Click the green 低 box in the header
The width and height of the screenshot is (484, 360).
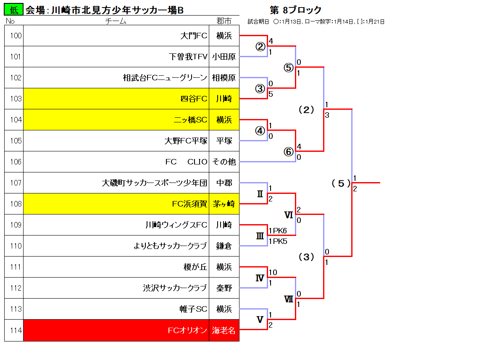(13, 10)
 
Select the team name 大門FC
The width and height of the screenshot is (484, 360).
(194, 36)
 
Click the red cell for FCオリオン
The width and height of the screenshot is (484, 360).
(116, 330)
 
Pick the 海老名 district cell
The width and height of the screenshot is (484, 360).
(224, 330)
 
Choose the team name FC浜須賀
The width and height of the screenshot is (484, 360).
(189, 204)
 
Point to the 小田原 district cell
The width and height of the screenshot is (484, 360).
(224, 57)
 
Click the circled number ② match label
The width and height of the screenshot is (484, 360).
(260, 47)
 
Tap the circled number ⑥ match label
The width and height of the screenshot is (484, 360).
(289, 152)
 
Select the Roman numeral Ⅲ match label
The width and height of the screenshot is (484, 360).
(260, 236)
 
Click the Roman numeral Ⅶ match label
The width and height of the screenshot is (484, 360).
(289, 299)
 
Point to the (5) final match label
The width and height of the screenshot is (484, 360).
(341, 183)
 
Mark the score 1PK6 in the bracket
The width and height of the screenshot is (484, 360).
(278, 231)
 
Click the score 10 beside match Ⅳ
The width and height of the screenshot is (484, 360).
(273, 272)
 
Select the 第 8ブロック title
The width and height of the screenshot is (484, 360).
(296, 10)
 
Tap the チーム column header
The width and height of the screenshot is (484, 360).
(116, 21)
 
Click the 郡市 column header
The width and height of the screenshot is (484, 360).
(224, 21)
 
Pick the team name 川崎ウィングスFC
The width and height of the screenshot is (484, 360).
(176, 225)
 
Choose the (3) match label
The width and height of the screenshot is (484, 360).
(307, 257)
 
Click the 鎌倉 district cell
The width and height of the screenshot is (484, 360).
(224, 246)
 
